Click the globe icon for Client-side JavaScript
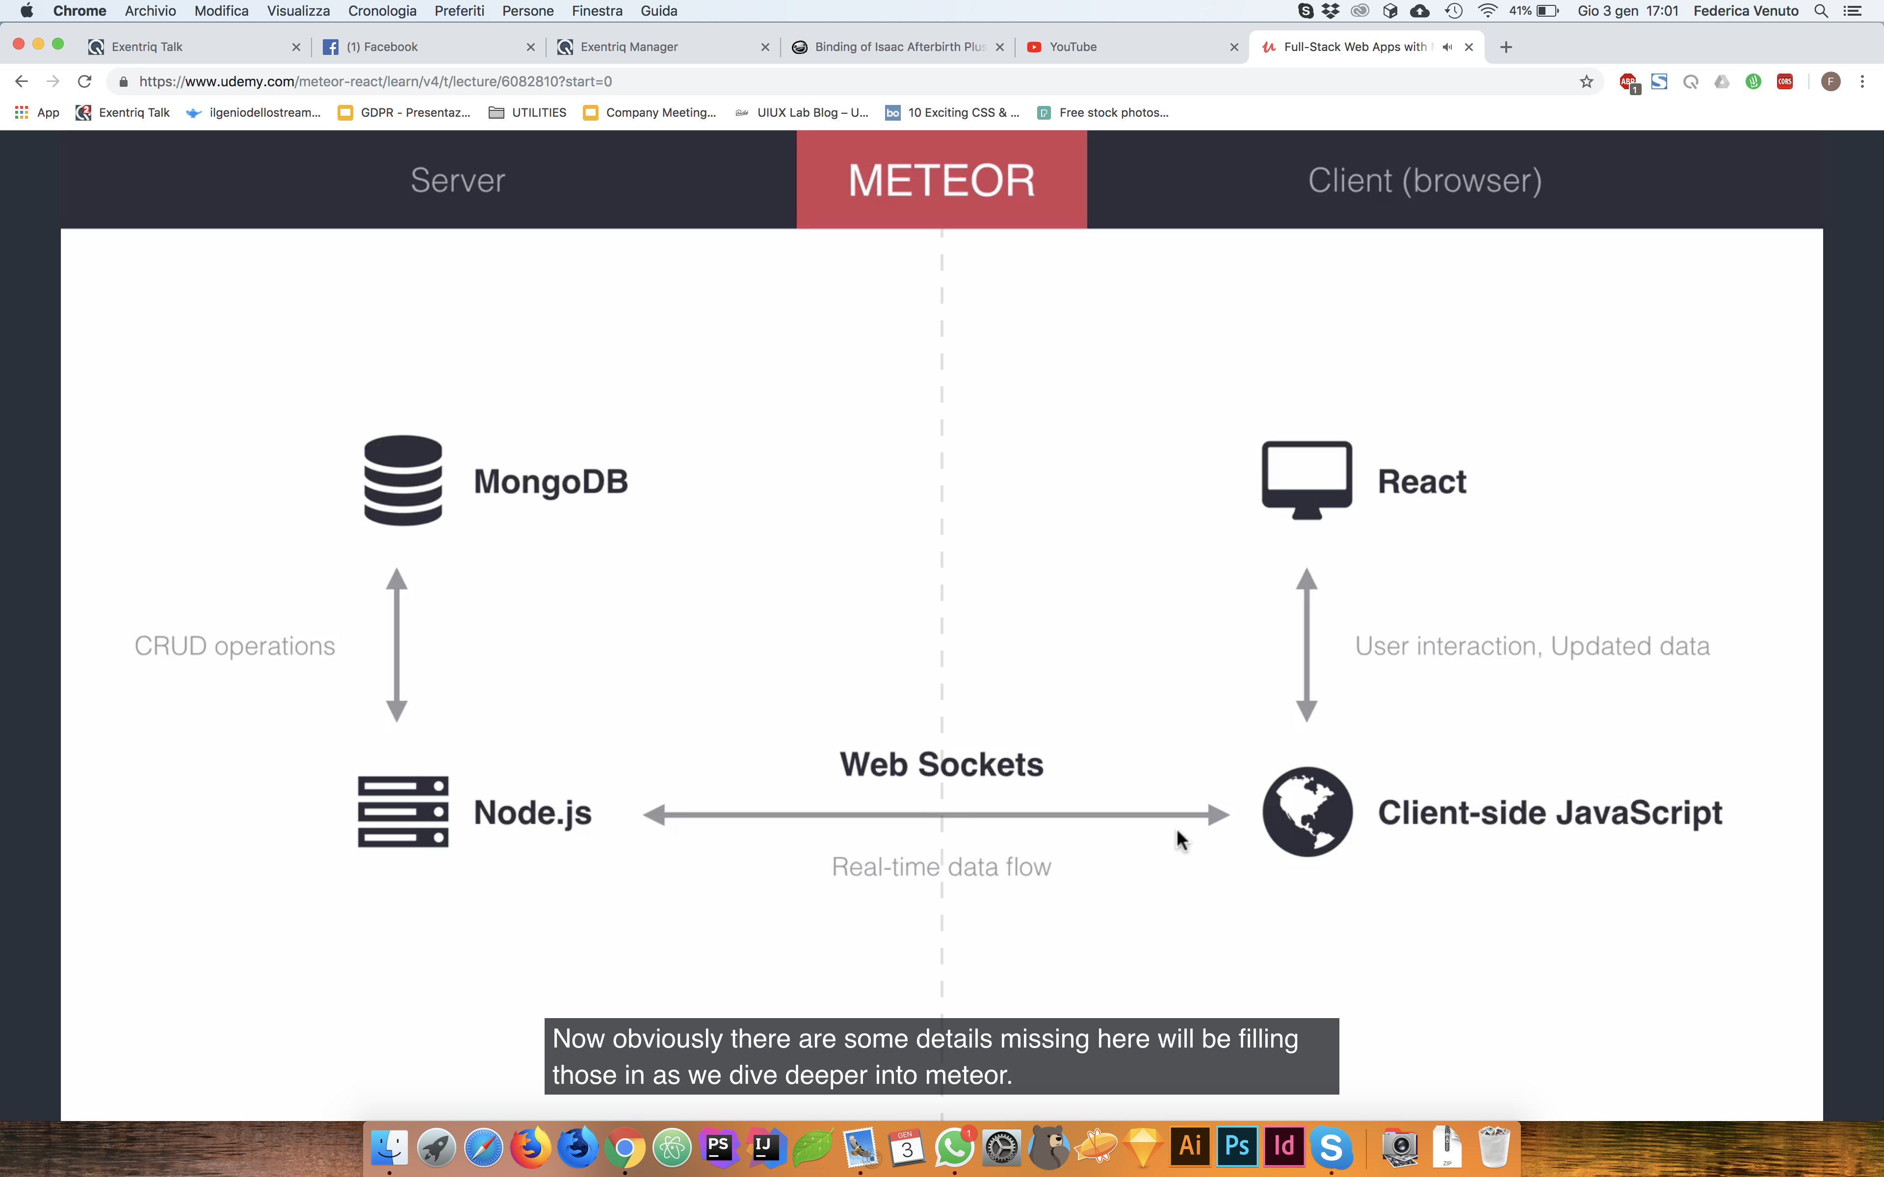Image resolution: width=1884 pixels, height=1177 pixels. (1307, 812)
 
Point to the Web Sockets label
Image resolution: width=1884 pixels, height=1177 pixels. (941, 765)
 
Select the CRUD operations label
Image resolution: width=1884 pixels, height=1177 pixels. (235, 646)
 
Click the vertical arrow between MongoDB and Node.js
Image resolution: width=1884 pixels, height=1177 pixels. (397, 644)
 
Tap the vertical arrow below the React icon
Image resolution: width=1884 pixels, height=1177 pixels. (1307, 644)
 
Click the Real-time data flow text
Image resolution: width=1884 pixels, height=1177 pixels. (941, 867)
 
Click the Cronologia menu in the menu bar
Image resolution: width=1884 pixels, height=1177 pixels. (382, 11)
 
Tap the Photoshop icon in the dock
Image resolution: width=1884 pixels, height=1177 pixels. (1237, 1146)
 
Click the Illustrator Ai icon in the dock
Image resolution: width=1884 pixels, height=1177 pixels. (1190, 1146)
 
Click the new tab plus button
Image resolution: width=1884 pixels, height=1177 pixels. (1506, 47)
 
